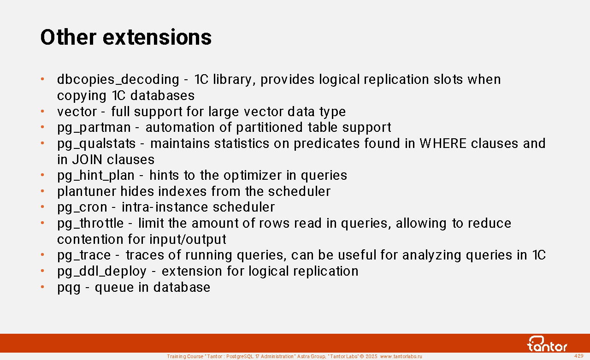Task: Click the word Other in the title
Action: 68,37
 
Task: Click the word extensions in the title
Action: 157,37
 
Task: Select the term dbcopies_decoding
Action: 118,80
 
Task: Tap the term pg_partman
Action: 94,128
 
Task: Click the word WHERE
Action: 443,143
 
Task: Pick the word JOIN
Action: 87,159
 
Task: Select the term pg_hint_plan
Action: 96,176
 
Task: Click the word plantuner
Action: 87,191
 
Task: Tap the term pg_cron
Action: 82,208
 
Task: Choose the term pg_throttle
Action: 90,224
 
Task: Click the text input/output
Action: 188,240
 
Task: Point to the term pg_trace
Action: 84,256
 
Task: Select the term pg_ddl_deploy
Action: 102,271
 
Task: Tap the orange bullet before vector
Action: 42,112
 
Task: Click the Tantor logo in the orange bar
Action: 547,344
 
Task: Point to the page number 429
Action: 578,356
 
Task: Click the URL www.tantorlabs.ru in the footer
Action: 401,356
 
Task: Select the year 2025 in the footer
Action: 372,356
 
